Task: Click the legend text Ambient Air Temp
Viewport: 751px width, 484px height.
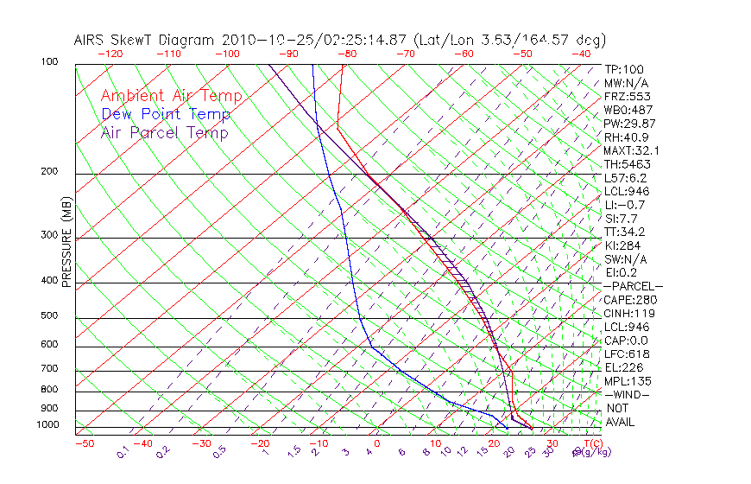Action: [171, 96]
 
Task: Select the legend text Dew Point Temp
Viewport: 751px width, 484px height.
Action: [166, 114]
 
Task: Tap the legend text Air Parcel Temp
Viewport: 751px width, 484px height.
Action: [164, 132]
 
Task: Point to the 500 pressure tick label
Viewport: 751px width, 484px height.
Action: [50, 316]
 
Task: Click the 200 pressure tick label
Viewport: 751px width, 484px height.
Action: [50, 172]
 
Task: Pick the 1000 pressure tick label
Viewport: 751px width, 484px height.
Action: [48, 425]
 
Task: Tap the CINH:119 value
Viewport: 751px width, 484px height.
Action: [628, 314]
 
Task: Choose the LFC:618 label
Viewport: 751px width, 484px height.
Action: [627, 354]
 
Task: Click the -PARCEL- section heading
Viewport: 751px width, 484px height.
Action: [633, 286]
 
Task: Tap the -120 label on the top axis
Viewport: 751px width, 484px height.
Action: [110, 54]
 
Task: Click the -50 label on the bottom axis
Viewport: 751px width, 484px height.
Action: [84, 443]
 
